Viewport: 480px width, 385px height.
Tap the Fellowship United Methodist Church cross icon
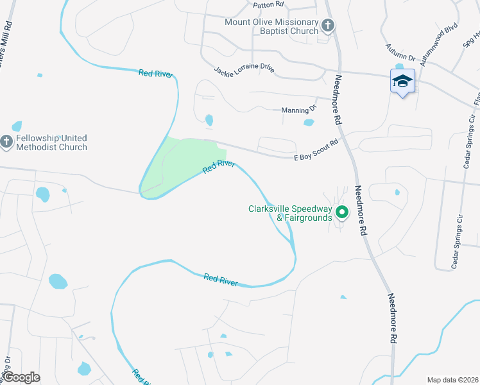(x=7, y=142)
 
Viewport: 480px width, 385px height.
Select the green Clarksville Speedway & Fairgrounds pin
(x=342, y=212)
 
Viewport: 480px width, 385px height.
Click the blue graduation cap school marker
(x=402, y=81)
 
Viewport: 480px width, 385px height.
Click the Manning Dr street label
(x=299, y=110)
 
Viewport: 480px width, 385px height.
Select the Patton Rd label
(x=268, y=4)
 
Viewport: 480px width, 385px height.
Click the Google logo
(x=21, y=377)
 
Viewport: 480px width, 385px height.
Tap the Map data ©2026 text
(x=452, y=380)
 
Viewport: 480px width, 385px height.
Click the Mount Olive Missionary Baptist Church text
(x=271, y=26)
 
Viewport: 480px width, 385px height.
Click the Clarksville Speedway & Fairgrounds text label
(x=290, y=213)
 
